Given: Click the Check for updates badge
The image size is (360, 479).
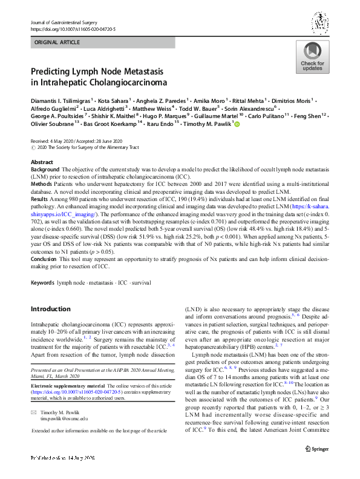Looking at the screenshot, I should coord(312,58).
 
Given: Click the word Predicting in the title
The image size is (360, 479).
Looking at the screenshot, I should coord(53,71).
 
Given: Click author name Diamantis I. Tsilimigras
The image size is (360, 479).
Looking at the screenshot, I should coord(60,101).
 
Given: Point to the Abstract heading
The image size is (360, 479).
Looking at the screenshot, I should coord(42,163).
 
